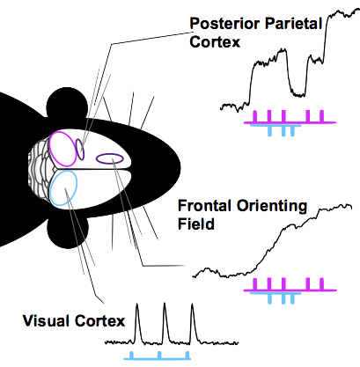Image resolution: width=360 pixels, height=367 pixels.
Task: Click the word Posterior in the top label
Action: (224, 24)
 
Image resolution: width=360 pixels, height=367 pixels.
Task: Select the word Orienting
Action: (272, 207)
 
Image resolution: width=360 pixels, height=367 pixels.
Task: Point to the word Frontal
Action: (204, 206)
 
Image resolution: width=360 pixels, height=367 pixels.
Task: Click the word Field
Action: (196, 224)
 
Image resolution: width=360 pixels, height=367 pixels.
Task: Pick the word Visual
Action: (47, 320)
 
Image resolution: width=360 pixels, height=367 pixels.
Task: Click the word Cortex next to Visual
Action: (99, 321)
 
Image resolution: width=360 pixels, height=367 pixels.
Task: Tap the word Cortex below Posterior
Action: (215, 41)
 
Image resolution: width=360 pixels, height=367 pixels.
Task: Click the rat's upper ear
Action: (67, 104)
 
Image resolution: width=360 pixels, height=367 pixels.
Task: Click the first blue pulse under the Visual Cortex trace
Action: (131, 355)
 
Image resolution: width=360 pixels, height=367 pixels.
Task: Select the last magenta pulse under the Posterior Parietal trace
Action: (321, 116)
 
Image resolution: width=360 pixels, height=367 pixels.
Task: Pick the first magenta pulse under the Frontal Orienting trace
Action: (254, 283)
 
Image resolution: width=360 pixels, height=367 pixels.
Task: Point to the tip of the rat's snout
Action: (180, 168)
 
